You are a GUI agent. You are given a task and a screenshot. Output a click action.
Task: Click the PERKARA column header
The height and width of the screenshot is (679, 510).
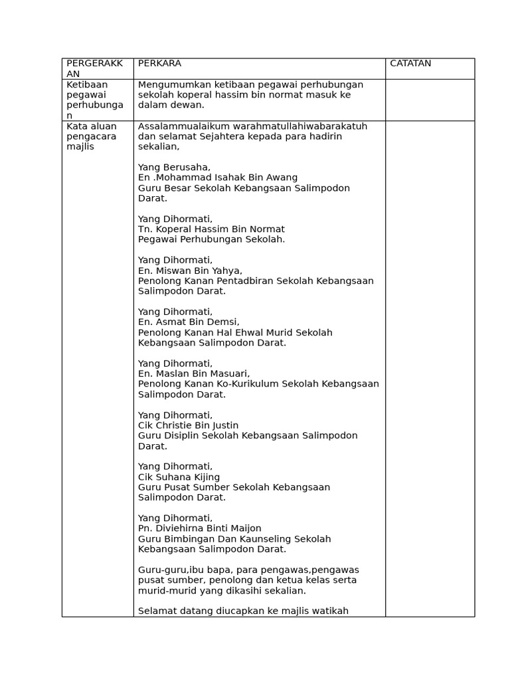[x=159, y=64]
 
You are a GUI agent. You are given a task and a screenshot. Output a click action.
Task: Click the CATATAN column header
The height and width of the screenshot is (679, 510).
[x=410, y=64]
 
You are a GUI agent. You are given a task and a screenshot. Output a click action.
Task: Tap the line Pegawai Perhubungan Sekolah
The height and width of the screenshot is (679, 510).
[x=211, y=239]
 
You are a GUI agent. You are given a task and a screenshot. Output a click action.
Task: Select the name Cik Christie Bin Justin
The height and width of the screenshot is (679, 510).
[x=188, y=426]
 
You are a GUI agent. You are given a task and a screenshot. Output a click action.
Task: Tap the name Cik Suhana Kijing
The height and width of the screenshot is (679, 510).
[x=179, y=477]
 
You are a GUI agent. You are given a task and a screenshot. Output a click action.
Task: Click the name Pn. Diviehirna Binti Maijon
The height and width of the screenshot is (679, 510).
[x=199, y=528]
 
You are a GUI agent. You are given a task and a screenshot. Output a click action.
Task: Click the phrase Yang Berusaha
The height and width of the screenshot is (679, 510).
[x=174, y=167]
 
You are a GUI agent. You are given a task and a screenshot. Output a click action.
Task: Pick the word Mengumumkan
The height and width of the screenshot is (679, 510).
[x=171, y=84]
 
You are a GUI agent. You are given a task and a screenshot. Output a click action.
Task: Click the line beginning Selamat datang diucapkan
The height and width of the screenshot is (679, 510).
[x=243, y=611]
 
